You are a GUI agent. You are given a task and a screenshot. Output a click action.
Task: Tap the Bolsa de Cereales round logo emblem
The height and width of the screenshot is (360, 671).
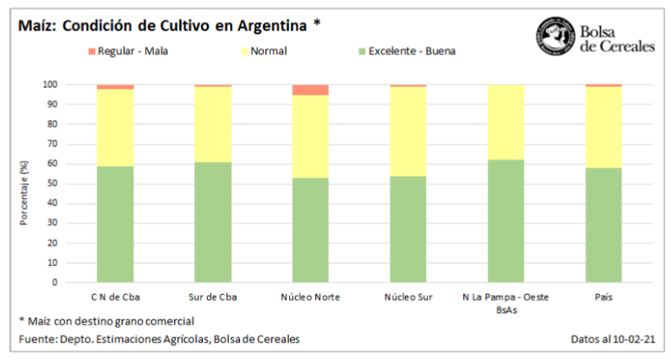coord(554,37)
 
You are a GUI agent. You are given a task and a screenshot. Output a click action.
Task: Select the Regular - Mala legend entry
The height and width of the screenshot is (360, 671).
coord(127,52)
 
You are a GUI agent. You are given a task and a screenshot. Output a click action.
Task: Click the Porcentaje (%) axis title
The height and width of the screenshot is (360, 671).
coord(25,185)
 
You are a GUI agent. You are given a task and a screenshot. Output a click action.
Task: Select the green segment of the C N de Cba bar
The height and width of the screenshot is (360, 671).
coord(115,224)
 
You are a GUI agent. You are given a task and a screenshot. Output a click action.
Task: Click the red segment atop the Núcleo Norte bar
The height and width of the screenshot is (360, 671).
coord(310,90)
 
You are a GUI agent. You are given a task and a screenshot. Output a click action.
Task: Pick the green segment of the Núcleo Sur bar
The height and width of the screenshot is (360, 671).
coord(407,229)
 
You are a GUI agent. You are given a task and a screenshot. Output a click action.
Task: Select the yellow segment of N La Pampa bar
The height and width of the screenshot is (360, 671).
coord(505,122)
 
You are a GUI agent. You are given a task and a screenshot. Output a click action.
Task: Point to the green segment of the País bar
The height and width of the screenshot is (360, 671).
coord(603,225)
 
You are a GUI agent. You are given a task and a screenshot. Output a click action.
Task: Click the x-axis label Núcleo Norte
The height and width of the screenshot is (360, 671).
coord(310,297)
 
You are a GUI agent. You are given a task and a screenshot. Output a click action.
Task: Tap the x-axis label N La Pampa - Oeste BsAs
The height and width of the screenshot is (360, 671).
coord(505,303)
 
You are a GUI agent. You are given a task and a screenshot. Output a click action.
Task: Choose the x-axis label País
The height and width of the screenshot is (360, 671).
coord(603,297)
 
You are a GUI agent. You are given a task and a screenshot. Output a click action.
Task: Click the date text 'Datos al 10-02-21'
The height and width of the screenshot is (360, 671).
coord(614,340)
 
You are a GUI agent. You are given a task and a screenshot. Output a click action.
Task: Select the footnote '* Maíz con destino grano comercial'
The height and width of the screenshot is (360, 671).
coord(106,321)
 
